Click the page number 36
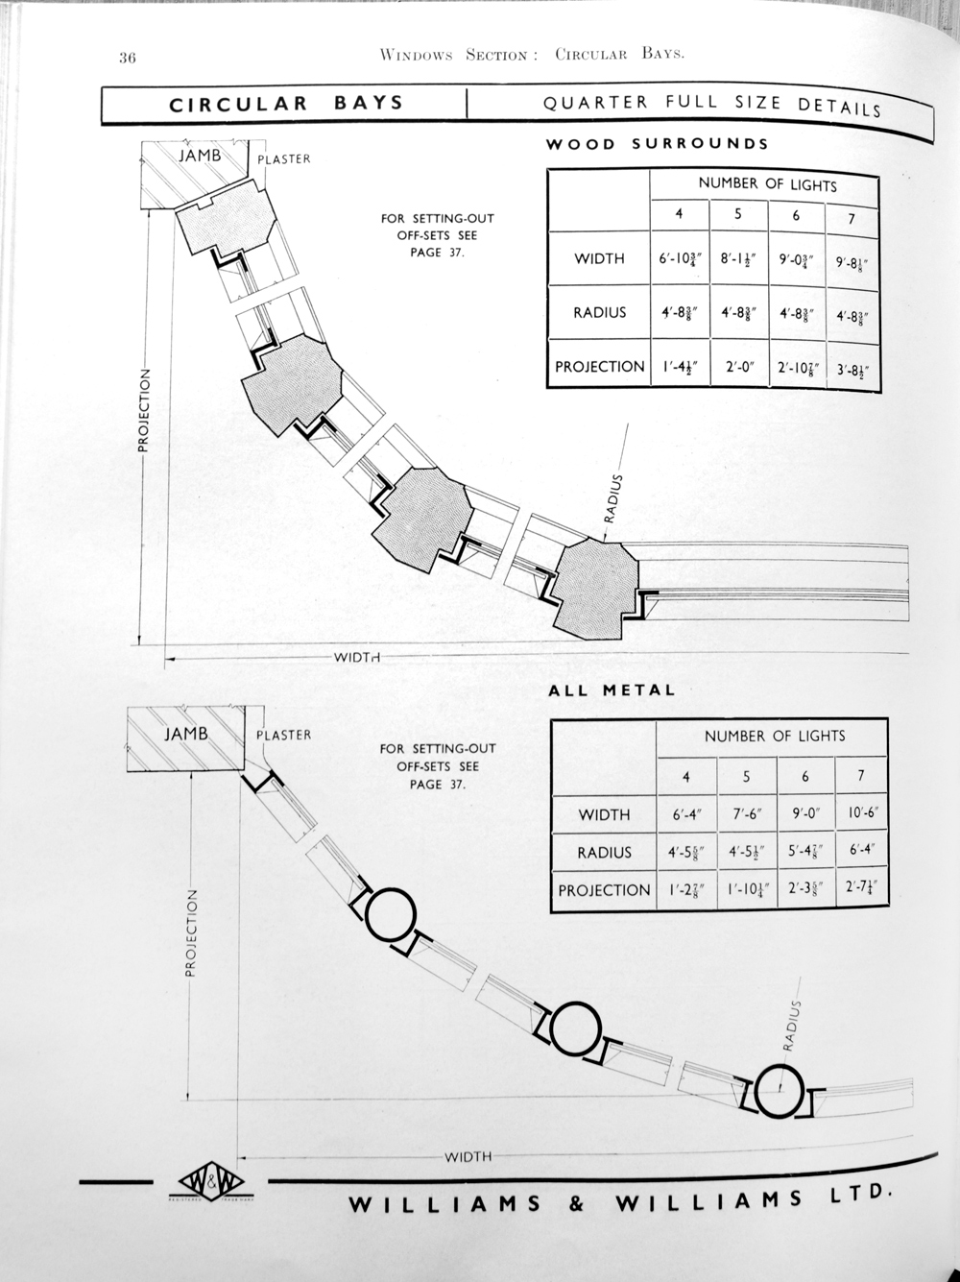(x=128, y=57)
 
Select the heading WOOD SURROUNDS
(x=657, y=145)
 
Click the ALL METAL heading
(x=612, y=689)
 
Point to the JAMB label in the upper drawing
(x=204, y=155)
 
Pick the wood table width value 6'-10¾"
(x=679, y=259)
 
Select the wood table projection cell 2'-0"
(x=737, y=367)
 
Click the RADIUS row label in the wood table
(x=599, y=312)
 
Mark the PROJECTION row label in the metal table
(x=604, y=890)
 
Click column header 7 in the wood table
(x=851, y=219)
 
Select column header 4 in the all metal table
(x=685, y=777)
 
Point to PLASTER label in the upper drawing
(x=284, y=159)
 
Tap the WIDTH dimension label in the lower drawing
(x=468, y=1156)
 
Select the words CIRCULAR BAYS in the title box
(x=286, y=105)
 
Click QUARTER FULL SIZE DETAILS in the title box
(x=711, y=105)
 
